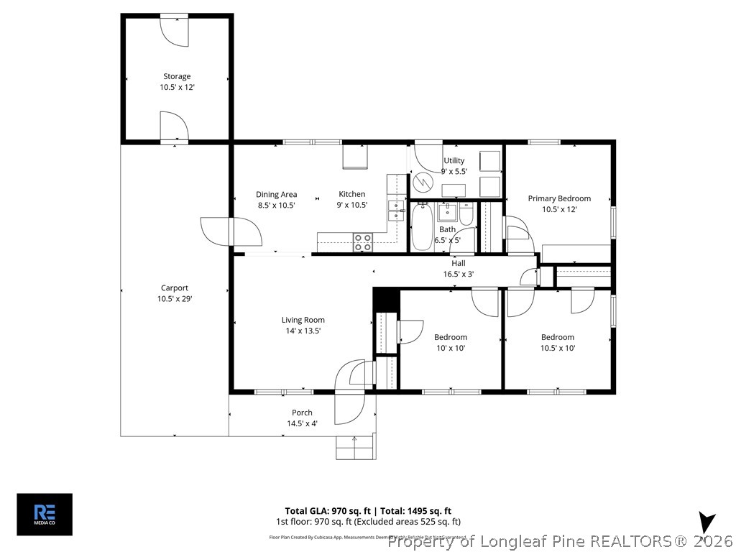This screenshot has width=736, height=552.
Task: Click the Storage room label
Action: point(177,76)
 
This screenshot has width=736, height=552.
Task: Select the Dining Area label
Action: point(277,195)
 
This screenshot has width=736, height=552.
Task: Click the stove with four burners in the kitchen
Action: point(363,242)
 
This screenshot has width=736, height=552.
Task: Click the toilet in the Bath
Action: point(466,215)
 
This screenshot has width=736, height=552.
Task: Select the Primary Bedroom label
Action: point(559,198)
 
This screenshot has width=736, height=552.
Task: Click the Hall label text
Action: point(458,263)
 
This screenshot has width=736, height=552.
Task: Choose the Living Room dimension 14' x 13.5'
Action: point(303,331)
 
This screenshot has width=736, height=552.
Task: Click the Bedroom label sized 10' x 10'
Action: point(451,337)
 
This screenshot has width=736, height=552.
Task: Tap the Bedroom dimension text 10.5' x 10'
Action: point(558,348)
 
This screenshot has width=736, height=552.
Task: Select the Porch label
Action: point(302,413)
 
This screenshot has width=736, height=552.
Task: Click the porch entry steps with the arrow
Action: point(355,446)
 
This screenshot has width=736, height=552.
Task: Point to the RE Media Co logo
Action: point(45,514)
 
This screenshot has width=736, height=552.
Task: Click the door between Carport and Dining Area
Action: point(231,231)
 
